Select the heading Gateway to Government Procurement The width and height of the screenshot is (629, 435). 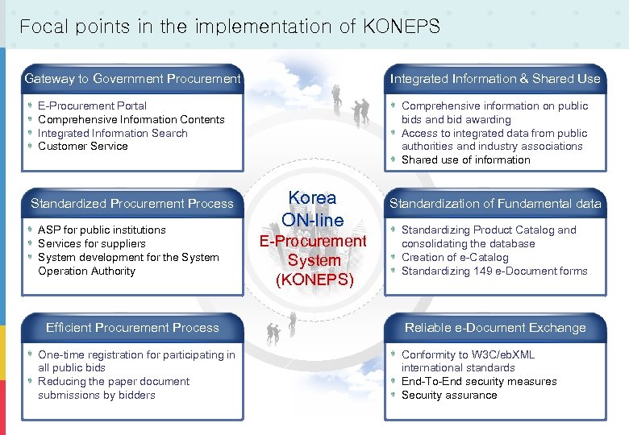click(x=132, y=79)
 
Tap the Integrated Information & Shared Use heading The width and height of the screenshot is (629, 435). click(x=495, y=79)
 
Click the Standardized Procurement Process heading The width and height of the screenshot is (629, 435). click(x=132, y=204)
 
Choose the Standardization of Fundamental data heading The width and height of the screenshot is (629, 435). click(x=495, y=204)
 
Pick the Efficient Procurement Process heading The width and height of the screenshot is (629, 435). click(x=132, y=328)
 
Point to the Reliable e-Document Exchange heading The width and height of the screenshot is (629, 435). click(x=495, y=328)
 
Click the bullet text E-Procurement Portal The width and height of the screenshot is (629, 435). click(x=92, y=106)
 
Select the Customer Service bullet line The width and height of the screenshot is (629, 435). click(x=83, y=147)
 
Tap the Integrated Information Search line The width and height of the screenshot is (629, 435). click(x=112, y=133)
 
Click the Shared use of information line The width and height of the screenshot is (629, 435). click(x=465, y=159)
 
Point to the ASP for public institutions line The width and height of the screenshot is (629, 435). click(x=102, y=230)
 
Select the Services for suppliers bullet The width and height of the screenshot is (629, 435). click(x=92, y=243)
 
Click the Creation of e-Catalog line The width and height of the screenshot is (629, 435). click(x=455, y=258)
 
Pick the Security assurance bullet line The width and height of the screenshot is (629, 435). click(x=449, y=396)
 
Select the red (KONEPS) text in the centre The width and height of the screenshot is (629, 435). click(x=314, y=280)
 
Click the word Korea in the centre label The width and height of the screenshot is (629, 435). click(x=312, y=198)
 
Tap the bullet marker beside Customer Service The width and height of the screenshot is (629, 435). click(x=30, y=147)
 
